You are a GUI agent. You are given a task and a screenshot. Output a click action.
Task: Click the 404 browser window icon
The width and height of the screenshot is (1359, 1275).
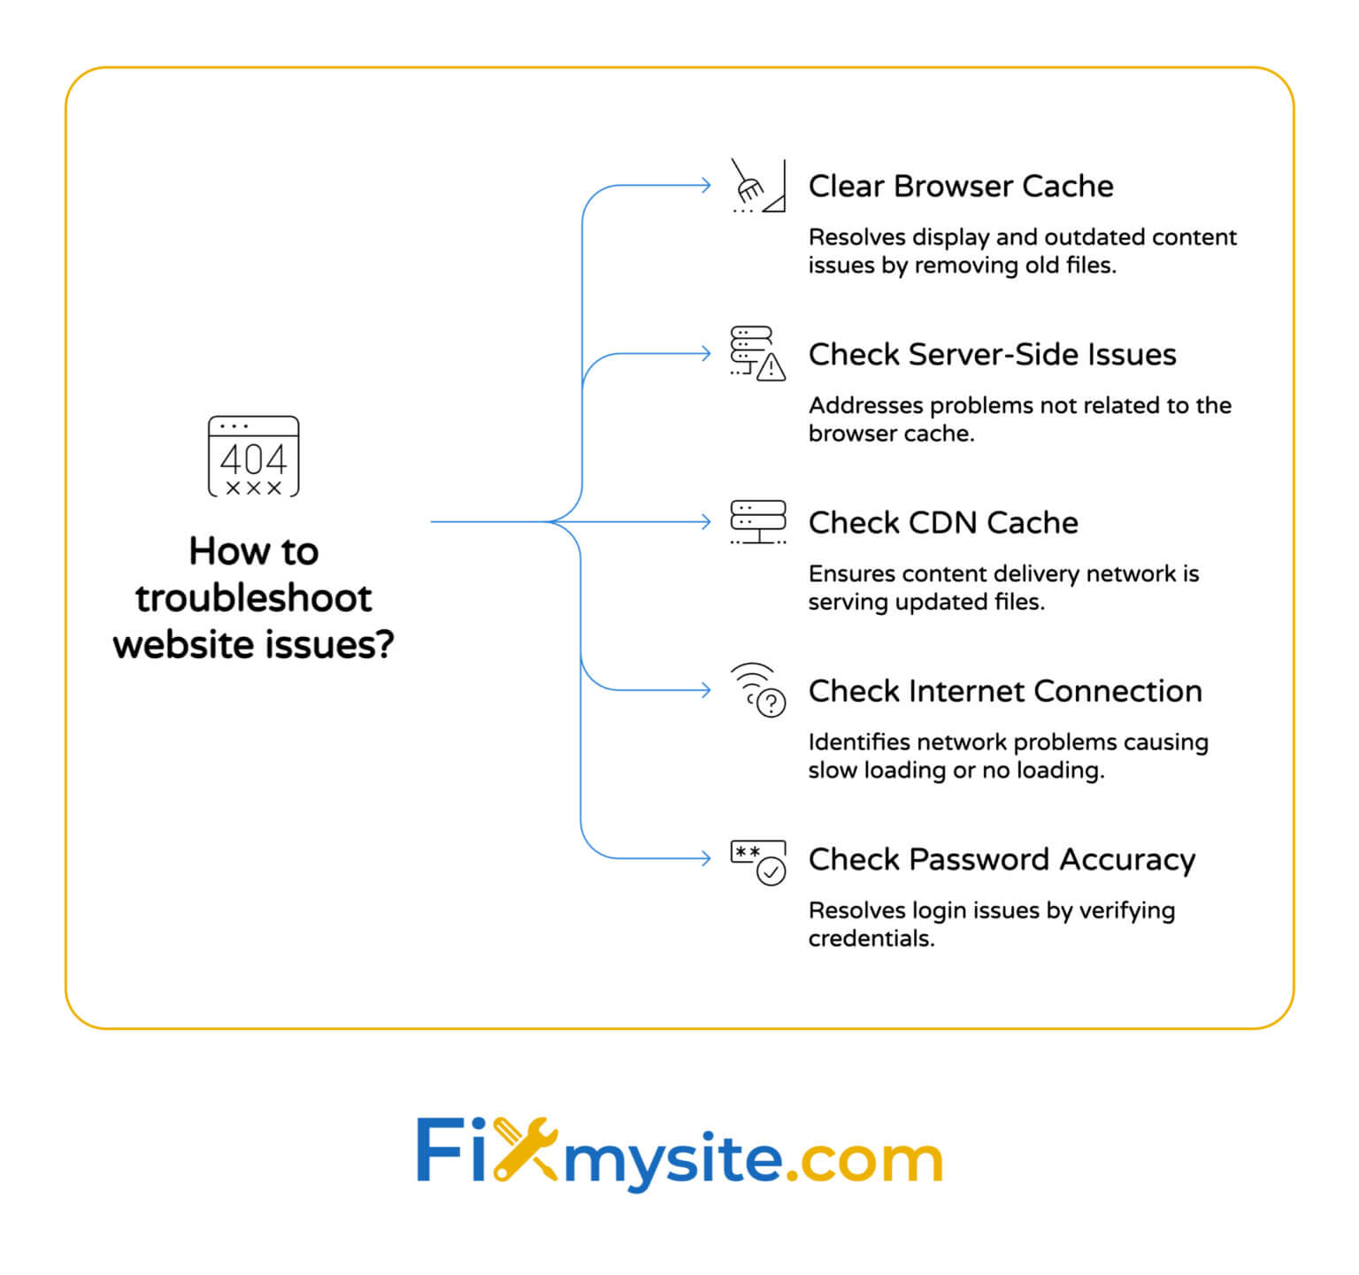(x=254, y=457)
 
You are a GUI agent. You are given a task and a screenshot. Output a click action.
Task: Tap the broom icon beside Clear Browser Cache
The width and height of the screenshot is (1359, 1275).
(x=757, y=187)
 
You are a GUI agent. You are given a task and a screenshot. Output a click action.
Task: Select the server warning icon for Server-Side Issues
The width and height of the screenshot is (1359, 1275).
(x=757, y=353)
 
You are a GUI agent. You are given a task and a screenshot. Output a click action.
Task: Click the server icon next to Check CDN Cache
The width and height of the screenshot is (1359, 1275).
(x=757, y=522)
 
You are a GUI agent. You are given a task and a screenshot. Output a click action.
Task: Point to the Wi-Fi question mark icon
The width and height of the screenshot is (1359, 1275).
(x=759, y=690)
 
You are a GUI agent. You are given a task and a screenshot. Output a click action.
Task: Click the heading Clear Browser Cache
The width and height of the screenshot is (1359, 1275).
(x=961, y=187)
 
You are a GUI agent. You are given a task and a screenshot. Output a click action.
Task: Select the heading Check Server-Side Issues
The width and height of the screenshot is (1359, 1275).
(x=992, y=355)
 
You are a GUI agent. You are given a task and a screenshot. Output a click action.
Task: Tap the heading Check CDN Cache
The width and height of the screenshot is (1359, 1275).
(x=943, y=523)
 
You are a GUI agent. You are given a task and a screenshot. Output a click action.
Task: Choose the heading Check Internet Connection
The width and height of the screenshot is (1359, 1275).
(x=1005, y=691)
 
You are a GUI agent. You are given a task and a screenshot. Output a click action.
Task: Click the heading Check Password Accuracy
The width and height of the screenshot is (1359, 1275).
(x=1002, y=860)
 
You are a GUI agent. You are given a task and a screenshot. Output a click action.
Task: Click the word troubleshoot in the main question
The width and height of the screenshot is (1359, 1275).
(x=254, y=598)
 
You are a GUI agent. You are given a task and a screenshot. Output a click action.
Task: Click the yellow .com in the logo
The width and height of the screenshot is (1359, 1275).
(x=864, y=1158)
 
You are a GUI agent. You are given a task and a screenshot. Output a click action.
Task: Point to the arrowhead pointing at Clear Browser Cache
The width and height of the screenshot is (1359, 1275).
(x=705, y=186)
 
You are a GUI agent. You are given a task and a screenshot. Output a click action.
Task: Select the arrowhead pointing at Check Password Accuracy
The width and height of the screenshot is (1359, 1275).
(x=705, y=858)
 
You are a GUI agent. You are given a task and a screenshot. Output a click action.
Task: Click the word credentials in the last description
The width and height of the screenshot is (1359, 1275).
(x=871, y=939)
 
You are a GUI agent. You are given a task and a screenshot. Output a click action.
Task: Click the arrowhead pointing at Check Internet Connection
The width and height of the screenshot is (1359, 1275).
(x=705, y=690)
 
